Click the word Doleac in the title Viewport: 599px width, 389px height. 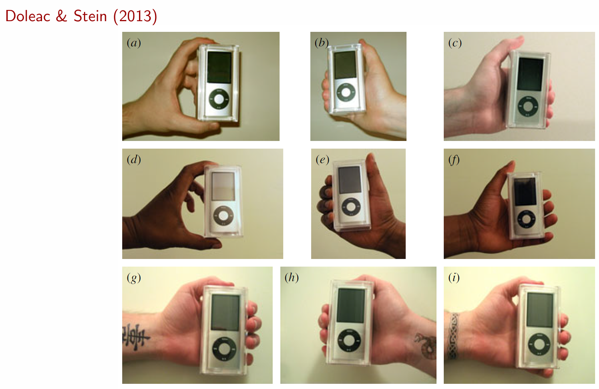[x=28, y=16]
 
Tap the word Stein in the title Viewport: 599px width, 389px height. [x=90, y=16]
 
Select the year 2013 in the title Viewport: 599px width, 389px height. [x=135, y=17]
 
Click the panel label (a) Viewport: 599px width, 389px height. [x=134, y=43]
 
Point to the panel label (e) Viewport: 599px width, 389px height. [x=322, y=160]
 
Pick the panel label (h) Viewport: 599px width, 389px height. [x=291, y=278]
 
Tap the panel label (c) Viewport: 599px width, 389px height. [x=455, y=43]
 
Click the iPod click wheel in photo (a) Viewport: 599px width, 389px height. [x=219, y=99]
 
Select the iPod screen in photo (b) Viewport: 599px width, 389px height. [x=345, y=65]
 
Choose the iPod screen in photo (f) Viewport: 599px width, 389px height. [x=525, y=191]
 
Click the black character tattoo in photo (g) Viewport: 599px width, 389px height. [x=136, y=337]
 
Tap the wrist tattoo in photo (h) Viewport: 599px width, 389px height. [x=426, y=345]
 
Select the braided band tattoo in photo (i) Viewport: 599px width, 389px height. [x=454, y=336]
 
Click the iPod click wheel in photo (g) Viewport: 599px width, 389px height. [x=224, y=349]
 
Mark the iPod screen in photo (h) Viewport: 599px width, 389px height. [x=351, y=305]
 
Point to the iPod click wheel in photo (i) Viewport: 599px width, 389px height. [x=539, y=344]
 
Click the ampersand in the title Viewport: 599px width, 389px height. [x=62, y=16]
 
